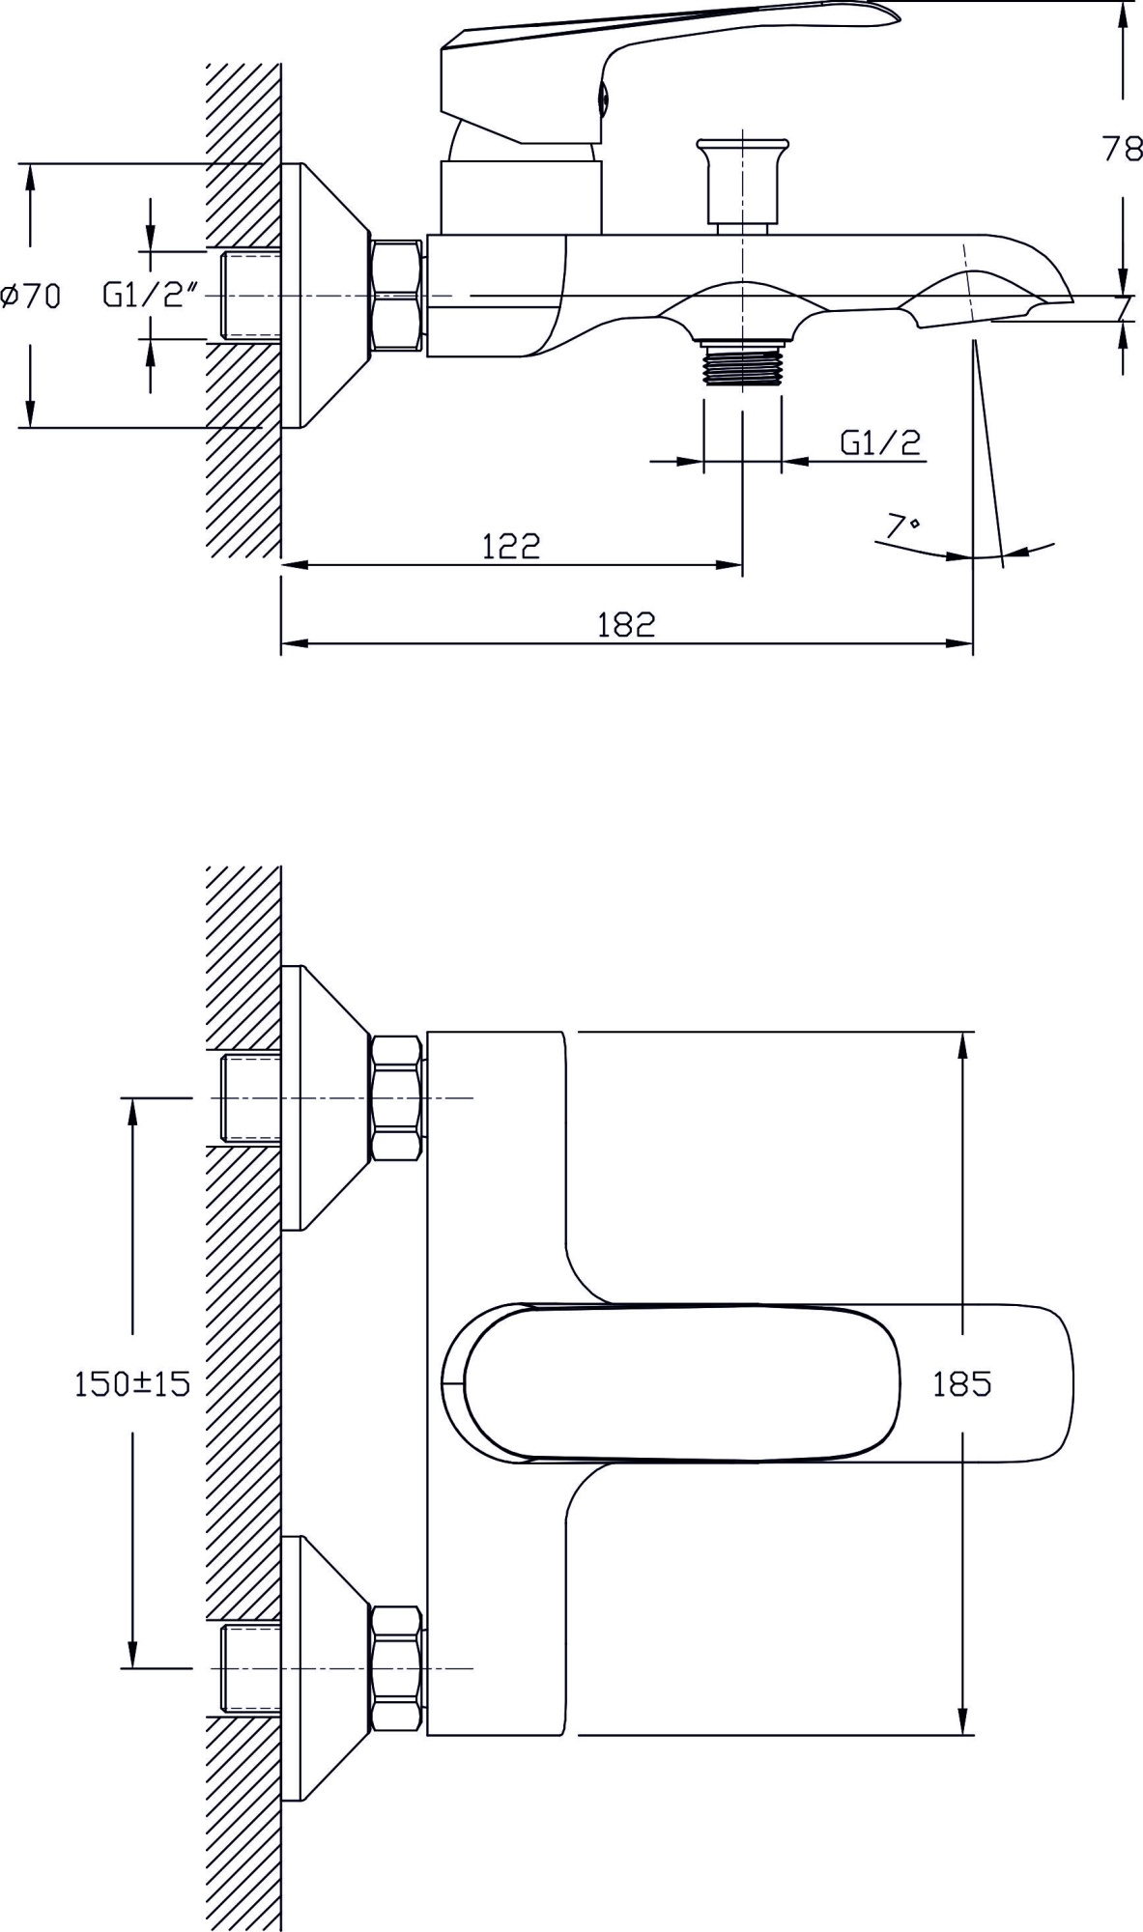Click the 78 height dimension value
pyautogui.click(x=1122, y=150)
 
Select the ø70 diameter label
pyautogui.click(x=31, y=296)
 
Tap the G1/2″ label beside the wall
pyautogui.click(x=151, y=296)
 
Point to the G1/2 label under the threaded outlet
pyautogui.click(x=880, y=442)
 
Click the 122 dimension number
pyautogui.click(x=511, y=547)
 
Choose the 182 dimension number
pyautogui.click(x=626, y=625)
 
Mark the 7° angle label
pyautogui.click(x=902, y=526)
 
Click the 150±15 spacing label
pyautogui.click(x=132, y=1384)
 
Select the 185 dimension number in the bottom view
pyautogui.click(x=961, y=1384)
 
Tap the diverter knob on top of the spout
pyautogui.click(x=741, y=184)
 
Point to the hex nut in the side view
pyautogui.click(x=396, y=296)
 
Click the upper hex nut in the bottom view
pyautogui.click(x=396, y=1098)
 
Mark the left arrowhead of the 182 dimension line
pyautogui.click(x=290, y=642)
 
